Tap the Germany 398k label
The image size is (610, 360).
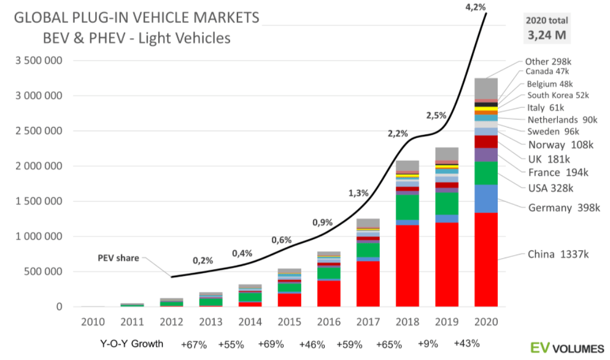pyautogui.click(x=563, y=208)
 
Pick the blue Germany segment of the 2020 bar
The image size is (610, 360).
pyautogui.click(x=485, y=198)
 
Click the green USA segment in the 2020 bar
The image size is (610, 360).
pyautogui.click(x=485, y=172)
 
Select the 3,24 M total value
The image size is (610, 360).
pyautogui.click(x=546, y=36)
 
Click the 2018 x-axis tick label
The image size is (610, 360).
pyautogui.click(x=409, y=321)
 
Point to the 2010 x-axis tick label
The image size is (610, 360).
pyautogui.click(x=92, y=321)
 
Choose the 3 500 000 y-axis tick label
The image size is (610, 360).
pyautogui.click(x=38, y=61)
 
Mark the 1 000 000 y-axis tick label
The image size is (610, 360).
pyautogui.click(x=38, y=236)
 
